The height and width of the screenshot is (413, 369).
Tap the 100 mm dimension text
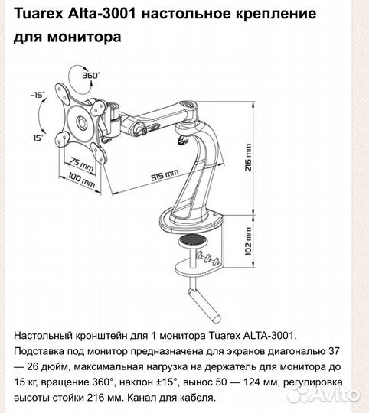click(x=83, y=183)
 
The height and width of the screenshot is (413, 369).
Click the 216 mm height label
click(x=247, y=159)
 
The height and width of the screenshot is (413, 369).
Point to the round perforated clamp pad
click(x=196, y=242)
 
